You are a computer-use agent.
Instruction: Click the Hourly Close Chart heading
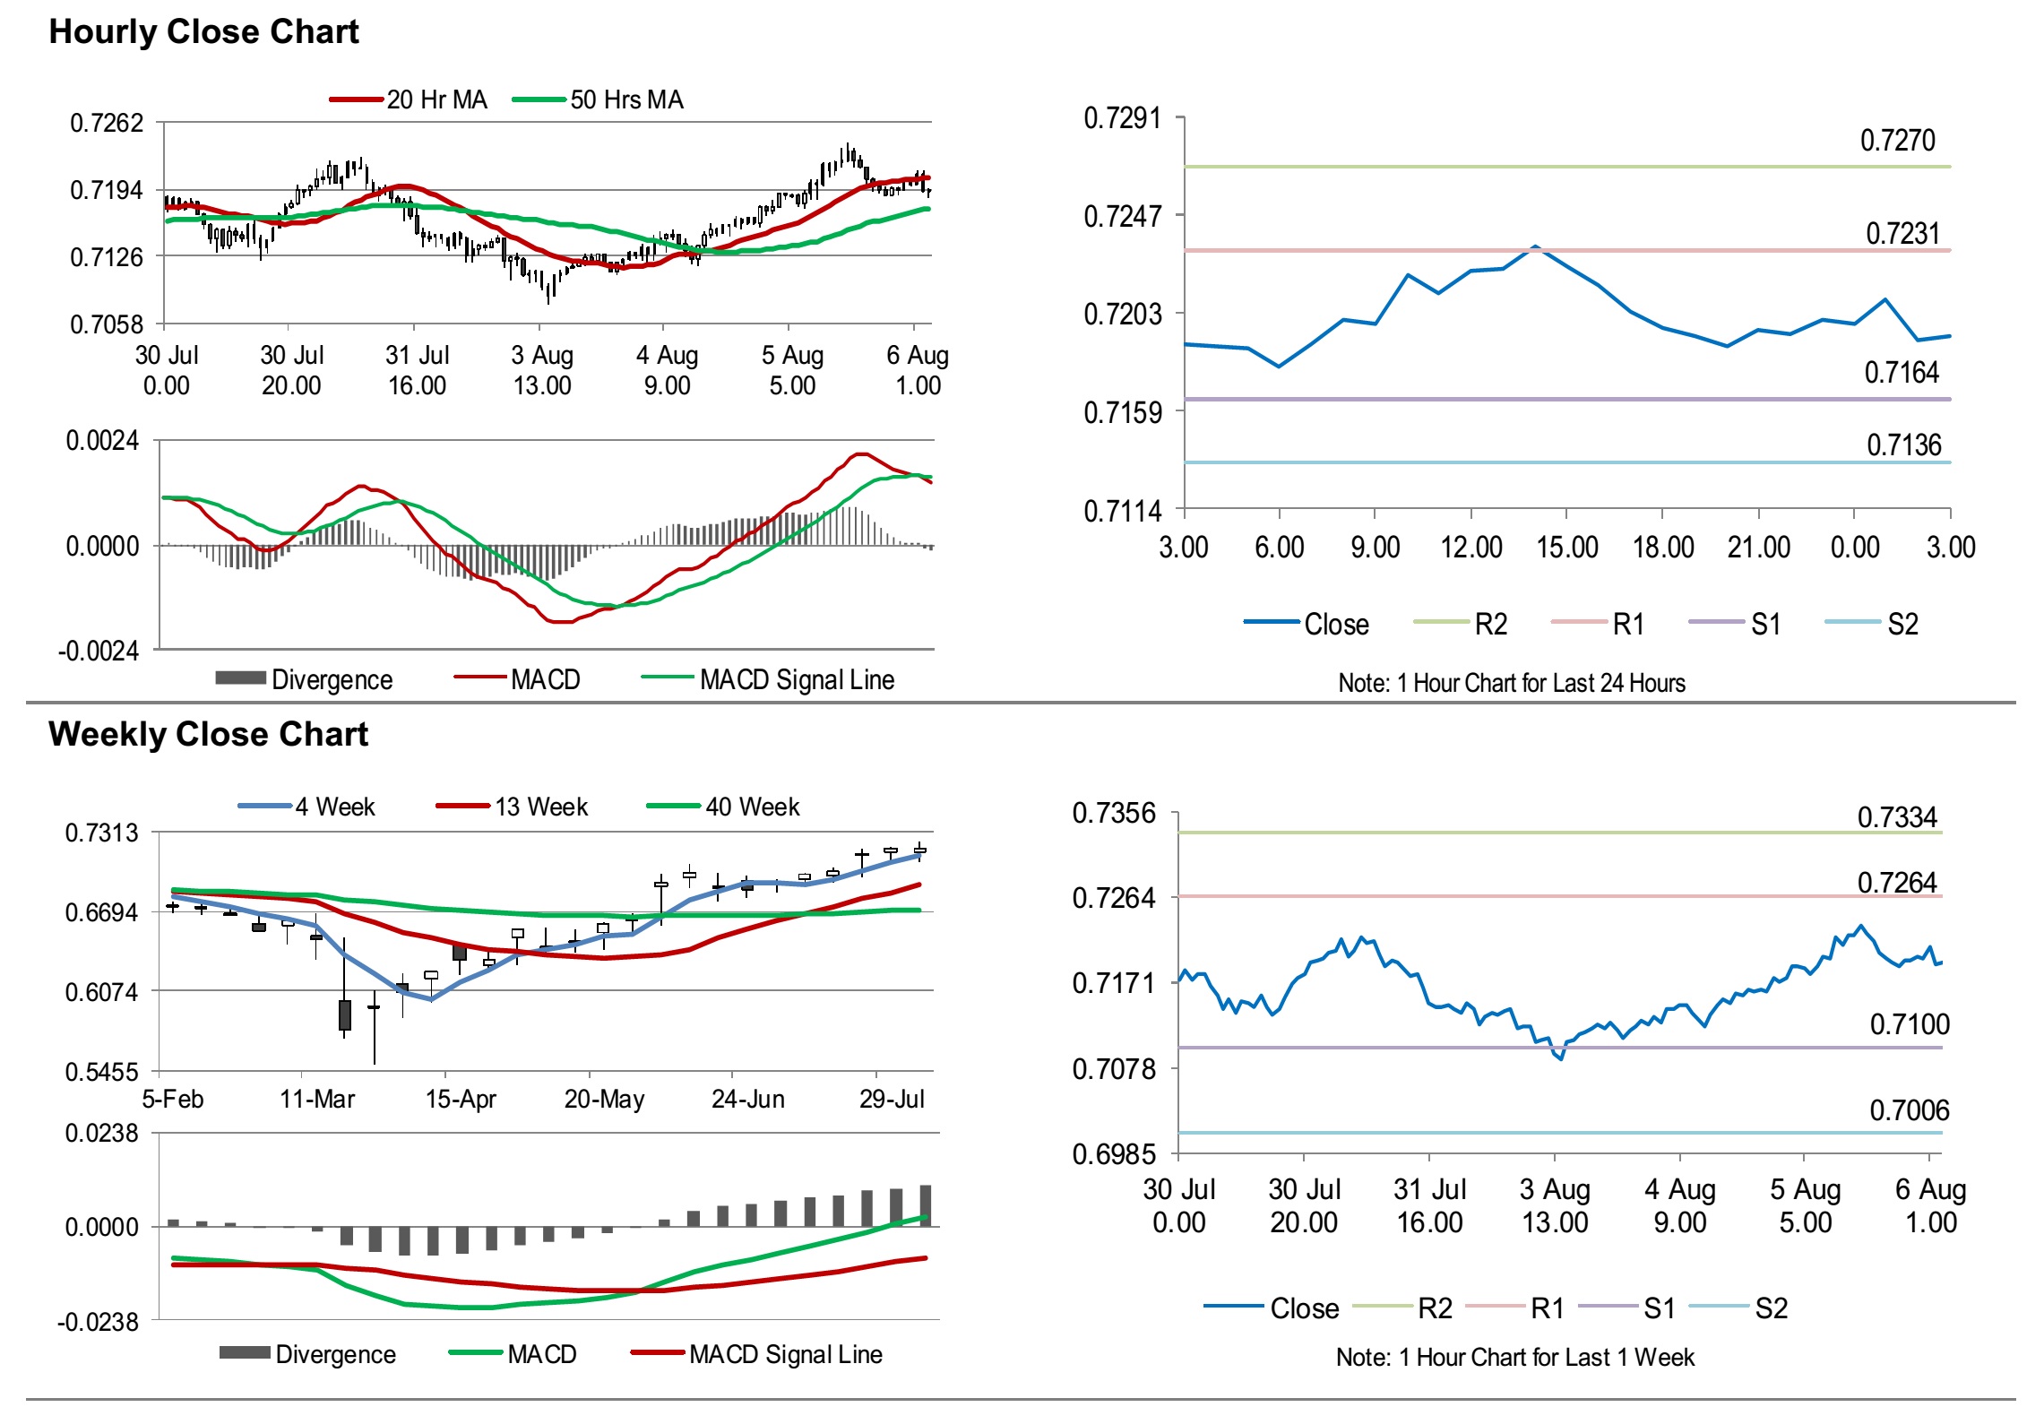(203, 31)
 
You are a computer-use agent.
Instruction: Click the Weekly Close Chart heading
(208, 734)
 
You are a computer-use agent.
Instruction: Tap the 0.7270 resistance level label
(1897, 141)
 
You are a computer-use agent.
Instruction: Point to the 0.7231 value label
(1902, 234)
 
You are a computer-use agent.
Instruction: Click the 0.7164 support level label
(1901, 373)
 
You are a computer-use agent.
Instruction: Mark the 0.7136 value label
(1903, 445)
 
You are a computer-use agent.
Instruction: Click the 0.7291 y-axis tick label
(1121, 118)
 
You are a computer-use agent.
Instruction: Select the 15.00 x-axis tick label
(1566, 548)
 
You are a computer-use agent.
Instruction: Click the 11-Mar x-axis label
(317, 1100)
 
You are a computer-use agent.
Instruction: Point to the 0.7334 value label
(1896, 817)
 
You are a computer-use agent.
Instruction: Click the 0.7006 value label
(1909, 1111)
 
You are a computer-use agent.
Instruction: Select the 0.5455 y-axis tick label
(101, 1073)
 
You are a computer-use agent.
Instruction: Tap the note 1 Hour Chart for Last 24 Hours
(1511, 684)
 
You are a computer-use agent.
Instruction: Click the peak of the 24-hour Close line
(1535, 246)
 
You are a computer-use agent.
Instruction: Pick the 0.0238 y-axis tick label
(101, 1134)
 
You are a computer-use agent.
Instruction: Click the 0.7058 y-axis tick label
(107, 324)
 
